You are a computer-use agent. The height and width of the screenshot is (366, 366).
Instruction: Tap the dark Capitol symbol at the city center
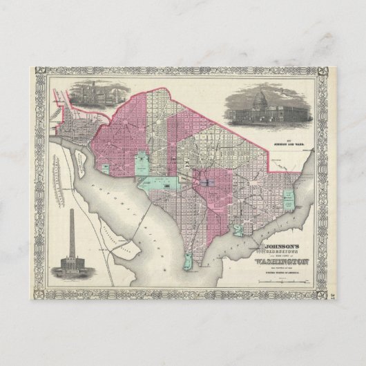click(205, 181)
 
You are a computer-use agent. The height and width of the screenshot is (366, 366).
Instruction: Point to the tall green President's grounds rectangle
click(140, 163)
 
